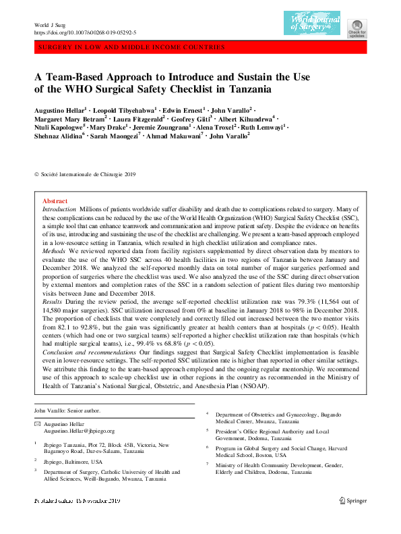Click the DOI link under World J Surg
pos(85,32)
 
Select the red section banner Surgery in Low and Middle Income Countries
pos(131,48)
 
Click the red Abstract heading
pos(55,201)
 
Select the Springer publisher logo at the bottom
pos(353,518)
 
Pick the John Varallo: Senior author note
pos(67,410)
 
